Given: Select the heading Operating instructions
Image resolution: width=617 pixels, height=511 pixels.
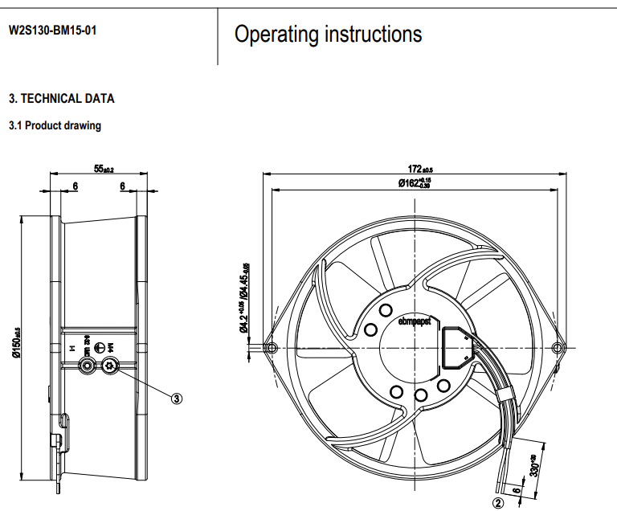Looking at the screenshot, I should coord(328,34).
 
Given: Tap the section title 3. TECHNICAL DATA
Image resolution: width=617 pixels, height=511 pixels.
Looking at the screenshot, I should coord(61,99).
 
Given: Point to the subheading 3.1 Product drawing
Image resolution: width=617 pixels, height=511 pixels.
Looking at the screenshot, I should coord(55,126).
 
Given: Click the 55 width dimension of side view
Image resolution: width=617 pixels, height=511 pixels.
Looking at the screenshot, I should coord(104,169).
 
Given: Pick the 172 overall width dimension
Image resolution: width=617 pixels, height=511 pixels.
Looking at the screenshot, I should coord(415,169).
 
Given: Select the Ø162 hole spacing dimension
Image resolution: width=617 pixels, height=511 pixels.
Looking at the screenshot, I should coord(415,183).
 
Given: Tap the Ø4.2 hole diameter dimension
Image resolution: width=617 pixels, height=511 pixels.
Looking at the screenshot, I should coord(243,323).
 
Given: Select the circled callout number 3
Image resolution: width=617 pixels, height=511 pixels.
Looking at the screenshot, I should coord(178,397).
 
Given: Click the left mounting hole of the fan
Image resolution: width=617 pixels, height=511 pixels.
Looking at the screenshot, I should coord(271,348).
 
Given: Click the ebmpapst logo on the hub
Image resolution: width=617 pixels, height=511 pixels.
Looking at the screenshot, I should coord(415,321).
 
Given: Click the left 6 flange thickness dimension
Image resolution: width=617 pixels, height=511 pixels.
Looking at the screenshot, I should coord(75,186).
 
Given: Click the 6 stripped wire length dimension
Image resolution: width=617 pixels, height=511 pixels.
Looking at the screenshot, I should coord(515,489).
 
